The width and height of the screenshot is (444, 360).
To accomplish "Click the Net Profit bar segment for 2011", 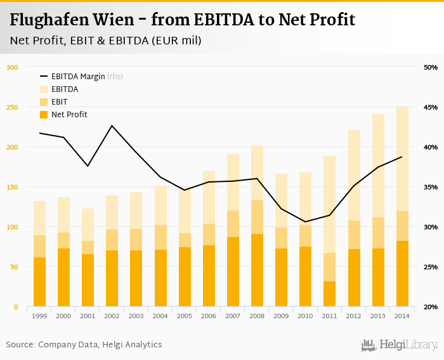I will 329,294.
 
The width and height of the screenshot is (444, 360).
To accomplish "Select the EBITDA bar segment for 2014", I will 402,158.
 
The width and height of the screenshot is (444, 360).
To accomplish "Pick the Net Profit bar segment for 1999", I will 39,282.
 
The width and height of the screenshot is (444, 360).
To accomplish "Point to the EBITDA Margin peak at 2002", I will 112,125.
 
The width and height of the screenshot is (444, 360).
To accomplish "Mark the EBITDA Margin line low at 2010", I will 305,222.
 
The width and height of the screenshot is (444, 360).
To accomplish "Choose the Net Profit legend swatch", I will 44,115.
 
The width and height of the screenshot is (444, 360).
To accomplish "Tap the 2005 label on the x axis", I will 185,316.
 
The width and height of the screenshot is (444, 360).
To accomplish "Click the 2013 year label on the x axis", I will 378,316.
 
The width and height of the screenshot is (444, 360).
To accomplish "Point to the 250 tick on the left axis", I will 13,107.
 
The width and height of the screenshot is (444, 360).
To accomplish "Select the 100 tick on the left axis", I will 13,227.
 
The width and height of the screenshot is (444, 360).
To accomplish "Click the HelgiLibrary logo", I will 400,345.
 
